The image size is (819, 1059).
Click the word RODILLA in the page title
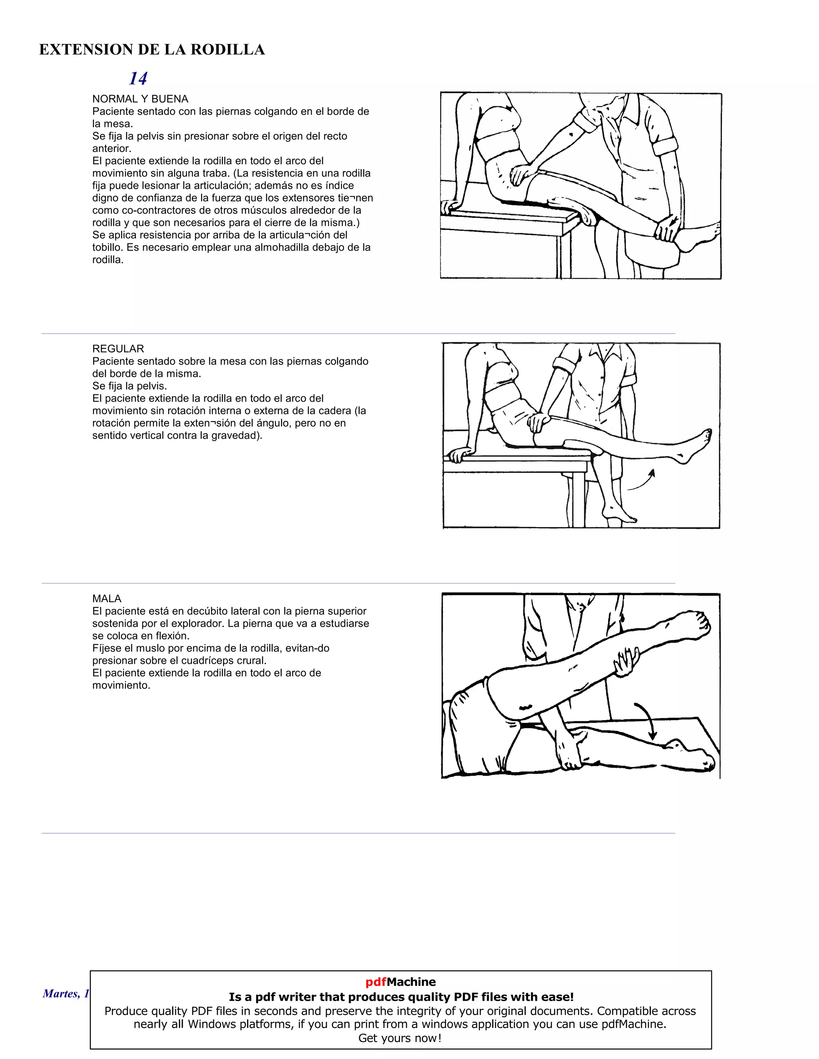click(x=227, y=50)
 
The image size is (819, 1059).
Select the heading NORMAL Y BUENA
click(x=140, y=99)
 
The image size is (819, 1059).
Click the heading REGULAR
click(x=118, y=348)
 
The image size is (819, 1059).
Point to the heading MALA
click(x=107, y=598)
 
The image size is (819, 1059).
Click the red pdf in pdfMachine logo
click(x=376, y=982)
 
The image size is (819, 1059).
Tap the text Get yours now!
click(x=400, y=1038)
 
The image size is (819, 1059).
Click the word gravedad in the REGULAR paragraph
click(x=235, y=436)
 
